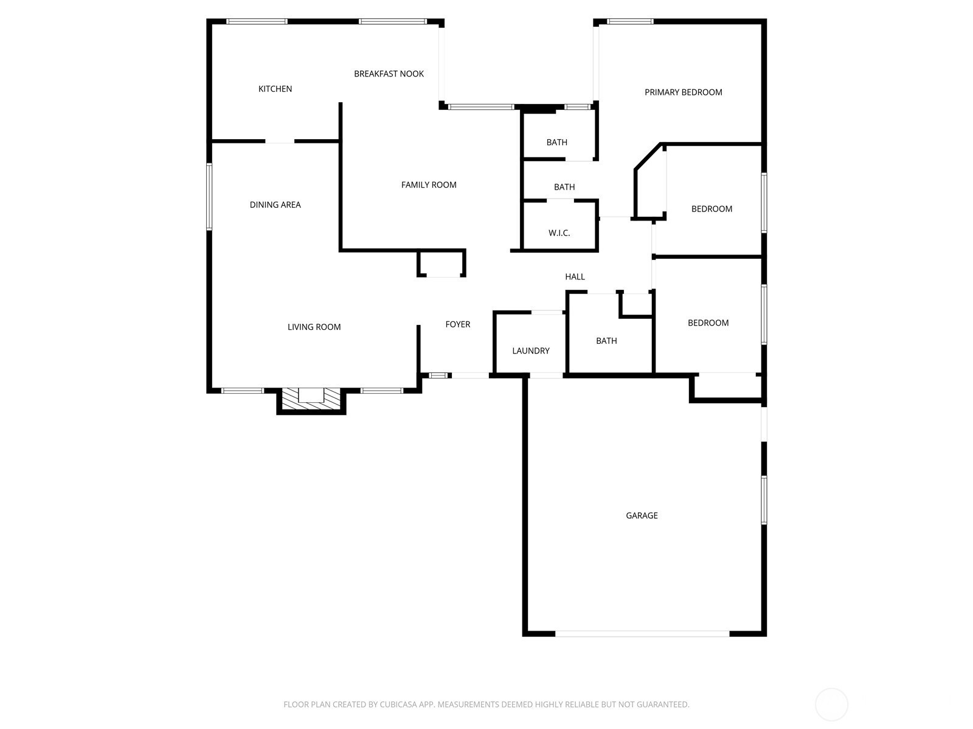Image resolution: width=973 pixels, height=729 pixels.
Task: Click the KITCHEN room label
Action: (x=275, y=89)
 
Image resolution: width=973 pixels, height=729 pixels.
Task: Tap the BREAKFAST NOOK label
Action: (x=389, y=74)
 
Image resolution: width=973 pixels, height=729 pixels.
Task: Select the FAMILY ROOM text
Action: (x=429, y=185)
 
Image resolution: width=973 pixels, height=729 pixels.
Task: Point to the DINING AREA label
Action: (x=275, y=205)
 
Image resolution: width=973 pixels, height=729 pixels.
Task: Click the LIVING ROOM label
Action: (x=314, y=327)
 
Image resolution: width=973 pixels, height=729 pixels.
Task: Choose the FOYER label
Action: (x=457, y=324)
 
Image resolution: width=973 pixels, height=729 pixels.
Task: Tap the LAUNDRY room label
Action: (x=531, y=351)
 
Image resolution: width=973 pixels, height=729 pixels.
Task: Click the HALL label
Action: (x=575, y=277)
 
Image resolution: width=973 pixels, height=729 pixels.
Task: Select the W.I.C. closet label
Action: (x=559, y=233)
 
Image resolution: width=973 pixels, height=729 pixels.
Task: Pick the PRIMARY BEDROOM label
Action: (x=683, y=92)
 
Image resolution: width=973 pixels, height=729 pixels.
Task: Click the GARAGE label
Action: (x=642, y=516)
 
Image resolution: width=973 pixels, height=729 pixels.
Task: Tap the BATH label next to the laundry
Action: (x=606, y=341)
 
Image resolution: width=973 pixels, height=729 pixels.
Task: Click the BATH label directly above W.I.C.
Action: (x=564, y=187)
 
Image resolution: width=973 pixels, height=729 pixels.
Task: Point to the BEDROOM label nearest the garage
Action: (x=708, y=323)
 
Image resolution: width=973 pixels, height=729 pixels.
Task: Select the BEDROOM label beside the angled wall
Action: (x=712, y=209)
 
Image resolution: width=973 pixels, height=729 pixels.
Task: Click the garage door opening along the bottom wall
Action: (x=642, y=634)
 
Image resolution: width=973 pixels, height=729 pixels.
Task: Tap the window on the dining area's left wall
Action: (x=209, y=196)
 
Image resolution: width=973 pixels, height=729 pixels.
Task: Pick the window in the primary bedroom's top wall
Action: (x=630, y=21)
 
